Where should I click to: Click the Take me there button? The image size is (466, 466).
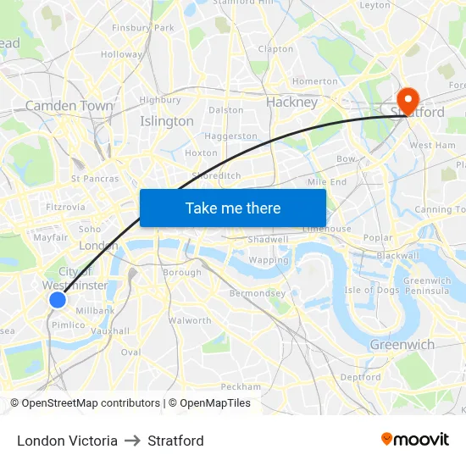pos(233,208)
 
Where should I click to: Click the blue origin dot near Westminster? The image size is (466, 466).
pos(58,299)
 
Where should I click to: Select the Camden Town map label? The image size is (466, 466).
pos(69,106)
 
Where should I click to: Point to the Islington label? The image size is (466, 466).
pos(167,121)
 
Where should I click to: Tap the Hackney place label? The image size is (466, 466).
pos(291,102)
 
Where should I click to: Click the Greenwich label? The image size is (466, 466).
pos(402,344)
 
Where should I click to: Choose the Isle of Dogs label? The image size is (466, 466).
pos(372,291)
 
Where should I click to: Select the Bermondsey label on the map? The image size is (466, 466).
pos(258,293)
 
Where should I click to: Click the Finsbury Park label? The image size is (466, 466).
pos(142,28)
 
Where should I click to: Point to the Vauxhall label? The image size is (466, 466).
pos(111,331)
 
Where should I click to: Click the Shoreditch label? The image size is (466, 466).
pos(216,175)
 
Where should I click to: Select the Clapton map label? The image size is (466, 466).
pos(275,49)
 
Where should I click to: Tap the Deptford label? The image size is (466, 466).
pos(360,377)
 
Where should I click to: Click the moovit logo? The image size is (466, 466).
pos(414,440)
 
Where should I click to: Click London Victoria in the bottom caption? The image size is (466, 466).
pos(67,441)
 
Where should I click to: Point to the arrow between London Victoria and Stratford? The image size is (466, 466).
pos(132,441)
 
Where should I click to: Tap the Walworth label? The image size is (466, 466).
pos(190,320)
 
